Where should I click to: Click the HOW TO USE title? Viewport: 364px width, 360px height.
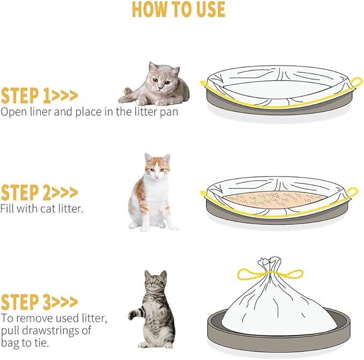pos(179,9)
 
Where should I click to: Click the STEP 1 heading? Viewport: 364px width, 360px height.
pos(39,95)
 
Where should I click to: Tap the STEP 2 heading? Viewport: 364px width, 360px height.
pos(39,193)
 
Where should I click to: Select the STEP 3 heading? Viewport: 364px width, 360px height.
pos(39,302)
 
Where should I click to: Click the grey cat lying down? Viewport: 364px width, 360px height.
pos(154,84)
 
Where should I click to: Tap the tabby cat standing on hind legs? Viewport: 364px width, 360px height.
pos(152,309)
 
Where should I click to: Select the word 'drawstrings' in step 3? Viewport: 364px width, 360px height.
pos(49,330)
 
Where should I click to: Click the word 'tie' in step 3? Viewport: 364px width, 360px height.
pos(41,343)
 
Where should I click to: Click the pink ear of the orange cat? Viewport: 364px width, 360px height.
pos(148,158)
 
